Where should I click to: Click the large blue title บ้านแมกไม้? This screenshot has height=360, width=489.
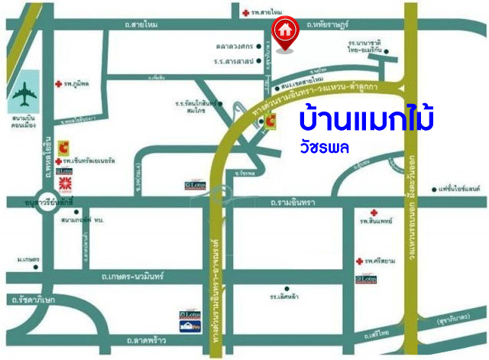pyautogui.click(x=367, y=120)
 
